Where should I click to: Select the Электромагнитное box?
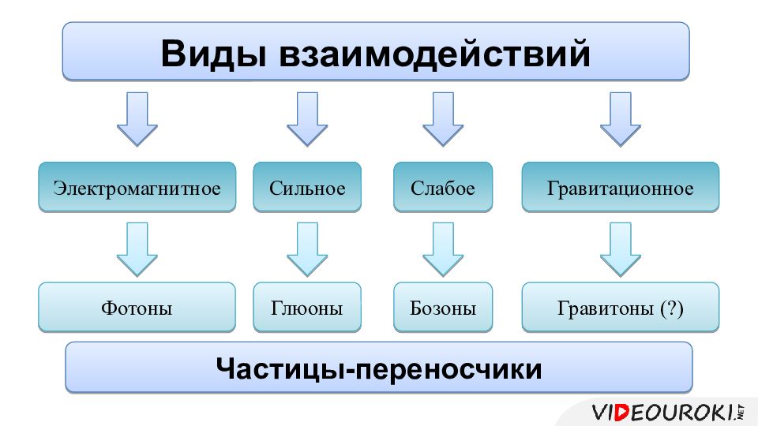[x=137, y=189]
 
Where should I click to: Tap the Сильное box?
[x=307, y=189]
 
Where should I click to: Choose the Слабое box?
[x=443, y=189]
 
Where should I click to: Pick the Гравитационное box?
[x=621, y=189]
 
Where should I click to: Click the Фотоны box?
[x=137, y=308]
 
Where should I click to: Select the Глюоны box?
[x=307, y=308]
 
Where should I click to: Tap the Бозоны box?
[x=443, y=308]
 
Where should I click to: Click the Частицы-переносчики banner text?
[x=379, y=368]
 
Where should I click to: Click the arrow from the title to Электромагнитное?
[x=137, y=118]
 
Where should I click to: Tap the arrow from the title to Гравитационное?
[x=621, y=118]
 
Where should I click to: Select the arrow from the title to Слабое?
[x=443, y=118]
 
